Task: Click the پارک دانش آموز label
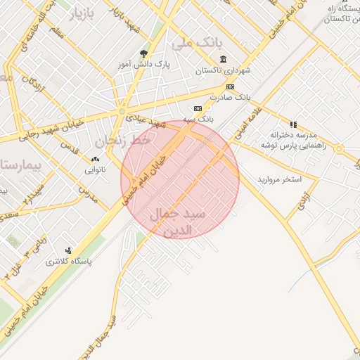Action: point(145,65)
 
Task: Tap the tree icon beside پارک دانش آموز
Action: point(145,53)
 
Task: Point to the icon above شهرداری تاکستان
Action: point(223,59)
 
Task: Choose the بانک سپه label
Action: point(198,120)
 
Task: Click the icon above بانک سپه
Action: point(198,109)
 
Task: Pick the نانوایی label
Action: point(96,170)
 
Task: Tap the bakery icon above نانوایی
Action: point(96,160)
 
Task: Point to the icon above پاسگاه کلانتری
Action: point(68,250)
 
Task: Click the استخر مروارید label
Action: point(278,179)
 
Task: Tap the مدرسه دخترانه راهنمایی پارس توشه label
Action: point(294,141)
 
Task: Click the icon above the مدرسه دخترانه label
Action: point(293,124)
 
